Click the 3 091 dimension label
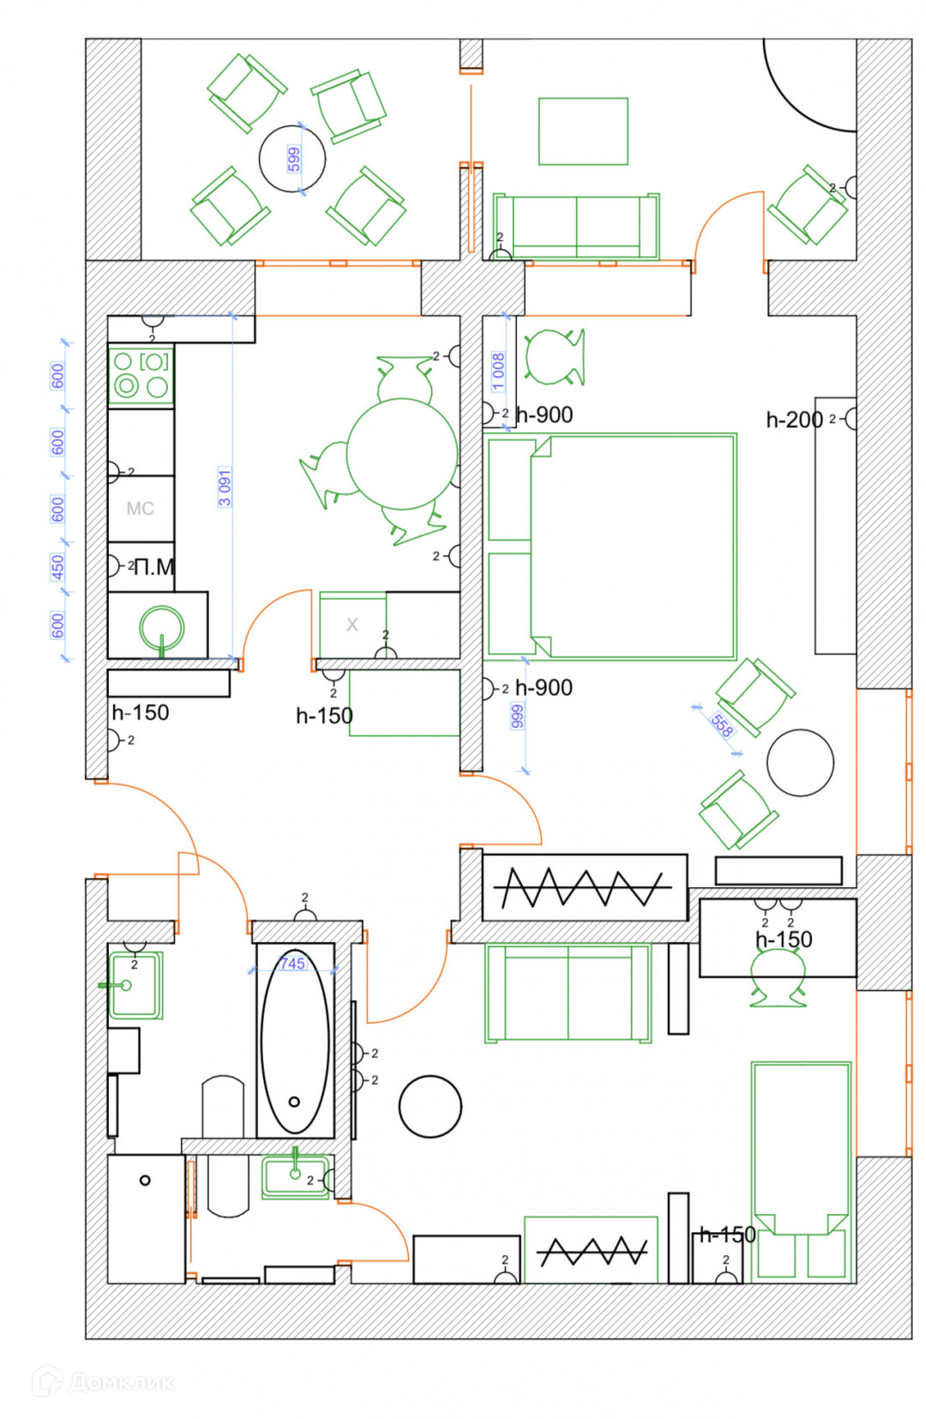click(225, 487)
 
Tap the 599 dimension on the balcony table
click(294, 159)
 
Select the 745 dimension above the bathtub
click(292, 963)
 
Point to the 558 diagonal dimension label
click(722, 726)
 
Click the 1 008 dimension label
click(498, 371)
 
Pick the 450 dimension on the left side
click(57, 567)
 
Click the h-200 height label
click(794, 420)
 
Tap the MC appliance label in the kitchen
click(141, 509)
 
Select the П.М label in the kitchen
click(154, 567)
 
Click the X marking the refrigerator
click(352, 625)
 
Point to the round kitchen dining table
click(402, 454)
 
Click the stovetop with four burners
click(141, 375)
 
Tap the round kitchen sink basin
click(162, 627)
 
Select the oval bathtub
click(295, 1041)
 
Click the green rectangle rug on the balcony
click(583, 130)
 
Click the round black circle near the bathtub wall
click(430, 1107)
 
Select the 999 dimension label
click(517, 716)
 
